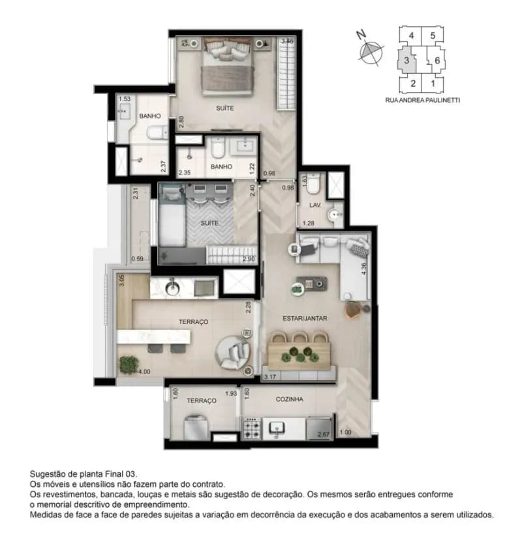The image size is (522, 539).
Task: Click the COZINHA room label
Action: pos(290,399)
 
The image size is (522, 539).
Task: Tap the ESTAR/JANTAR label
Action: pos(305,319)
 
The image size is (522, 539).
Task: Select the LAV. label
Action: pos(315,205)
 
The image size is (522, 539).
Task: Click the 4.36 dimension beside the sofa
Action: pos(364,269)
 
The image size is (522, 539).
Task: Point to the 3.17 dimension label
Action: pos(270,377)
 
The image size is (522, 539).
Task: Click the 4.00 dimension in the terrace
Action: pos(144,372)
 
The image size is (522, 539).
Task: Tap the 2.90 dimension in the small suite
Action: pos(249,259)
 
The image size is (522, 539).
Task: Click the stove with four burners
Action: pos(252,429)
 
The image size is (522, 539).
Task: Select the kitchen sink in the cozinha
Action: pos(277,429)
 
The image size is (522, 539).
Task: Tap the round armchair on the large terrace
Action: pos(233,352)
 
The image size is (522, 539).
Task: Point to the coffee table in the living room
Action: pos(312,284)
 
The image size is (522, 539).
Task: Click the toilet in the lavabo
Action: pos(313,183)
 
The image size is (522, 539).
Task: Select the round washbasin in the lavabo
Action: pos(335,215)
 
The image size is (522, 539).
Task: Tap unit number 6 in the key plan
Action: pos(437,61)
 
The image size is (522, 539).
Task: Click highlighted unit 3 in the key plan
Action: pos(407,61)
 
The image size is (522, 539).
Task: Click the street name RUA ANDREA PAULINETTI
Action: pos(422,101)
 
